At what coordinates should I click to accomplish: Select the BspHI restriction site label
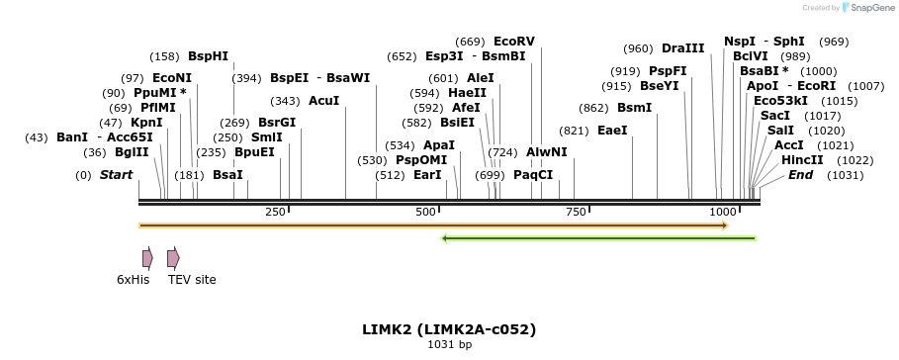pos(208,56)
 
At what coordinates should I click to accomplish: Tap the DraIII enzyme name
pos(683,48)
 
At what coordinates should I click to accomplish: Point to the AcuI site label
pos(323,101)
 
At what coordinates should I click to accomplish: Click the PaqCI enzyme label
pos(533,175)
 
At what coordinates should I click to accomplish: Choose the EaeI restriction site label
pos(612,130)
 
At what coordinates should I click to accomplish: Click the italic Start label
pos(116,175)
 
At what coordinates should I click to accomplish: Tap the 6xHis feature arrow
pos(147,259)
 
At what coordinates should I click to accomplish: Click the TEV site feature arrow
pos(173,259)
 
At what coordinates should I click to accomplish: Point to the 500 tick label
pos(426,213)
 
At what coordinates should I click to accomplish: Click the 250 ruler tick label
pos(275,213)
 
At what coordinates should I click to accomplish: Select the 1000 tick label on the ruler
pos(723,213)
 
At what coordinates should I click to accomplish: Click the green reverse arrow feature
pos(598,238)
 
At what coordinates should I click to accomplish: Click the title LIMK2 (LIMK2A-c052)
pos(449,328)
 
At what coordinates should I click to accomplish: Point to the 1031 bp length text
pos(449,345)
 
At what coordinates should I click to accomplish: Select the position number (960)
pos(638,48)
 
